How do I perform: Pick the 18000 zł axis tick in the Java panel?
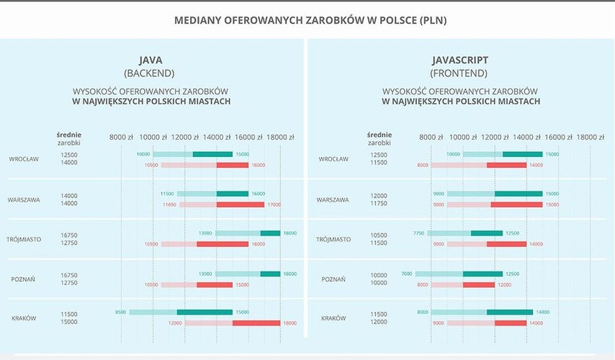(280, 137)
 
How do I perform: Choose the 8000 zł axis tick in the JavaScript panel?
(431, 137)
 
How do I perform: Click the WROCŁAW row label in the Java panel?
(24, 159)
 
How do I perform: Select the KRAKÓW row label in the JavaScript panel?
(333, 318)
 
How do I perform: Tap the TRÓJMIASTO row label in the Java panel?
(24, 239)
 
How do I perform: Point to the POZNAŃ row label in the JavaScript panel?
(333, 279)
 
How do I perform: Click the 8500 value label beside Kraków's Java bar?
(120, 312)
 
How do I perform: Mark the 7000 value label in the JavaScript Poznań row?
(407, 274)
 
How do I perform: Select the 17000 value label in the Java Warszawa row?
(273, 204)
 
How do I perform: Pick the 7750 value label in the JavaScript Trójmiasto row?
(418, 233)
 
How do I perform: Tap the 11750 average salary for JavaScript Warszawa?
(378, 204)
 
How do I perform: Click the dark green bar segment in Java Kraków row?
(205, 312)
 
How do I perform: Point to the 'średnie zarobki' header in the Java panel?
(69, 138)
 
